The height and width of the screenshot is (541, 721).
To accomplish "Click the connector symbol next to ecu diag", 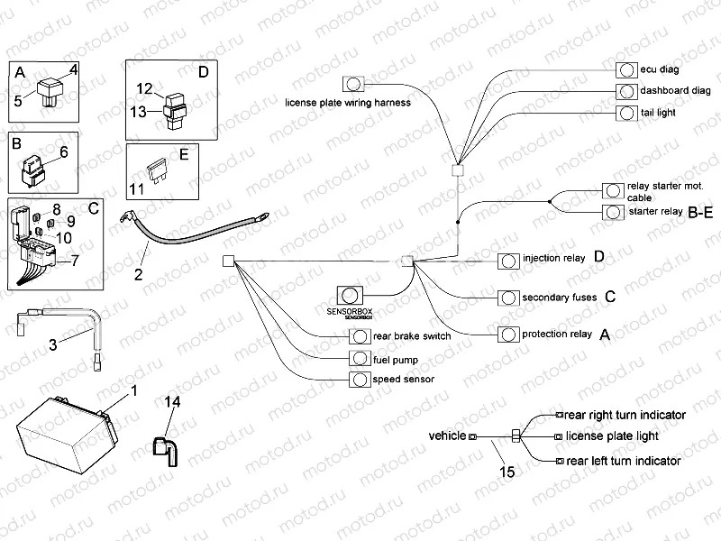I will tap(625, 69).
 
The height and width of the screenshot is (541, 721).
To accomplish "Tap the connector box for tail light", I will tap(625, 113).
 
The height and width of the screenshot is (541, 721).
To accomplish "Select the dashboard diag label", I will tap(676, 91).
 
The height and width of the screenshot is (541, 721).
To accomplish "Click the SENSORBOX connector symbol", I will tap(349, 295).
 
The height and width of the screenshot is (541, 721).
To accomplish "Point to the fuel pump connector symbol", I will tap(360, 358).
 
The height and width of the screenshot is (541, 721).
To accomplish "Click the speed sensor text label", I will tap(403, 380).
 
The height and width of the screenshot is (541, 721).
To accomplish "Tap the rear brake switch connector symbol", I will tap(360, 336).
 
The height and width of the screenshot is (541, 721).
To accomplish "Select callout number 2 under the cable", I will tap(139, 274).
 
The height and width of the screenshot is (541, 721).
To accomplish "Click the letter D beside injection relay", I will tap(600, 258).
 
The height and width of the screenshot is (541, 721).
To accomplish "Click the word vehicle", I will tap(447, 436).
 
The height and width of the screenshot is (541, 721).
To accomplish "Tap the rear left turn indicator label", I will tap(622, 461).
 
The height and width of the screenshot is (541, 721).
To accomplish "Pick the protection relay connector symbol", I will tap(508, 335).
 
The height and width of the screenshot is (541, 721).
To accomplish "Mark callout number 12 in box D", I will tap(145, 88).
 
